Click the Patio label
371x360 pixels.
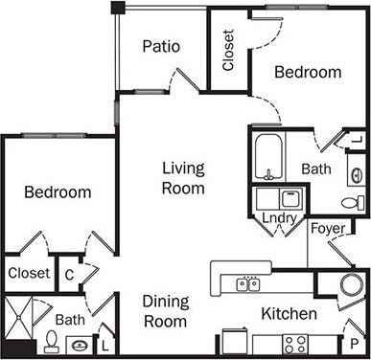tap(162, 46)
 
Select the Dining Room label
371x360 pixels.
tap(165, 310)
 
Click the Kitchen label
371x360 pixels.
tap(289, 313)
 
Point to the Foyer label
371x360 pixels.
tap(326, 229)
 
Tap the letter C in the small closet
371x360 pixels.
tap(69, 272)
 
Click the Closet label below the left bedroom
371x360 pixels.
tap(28, 273)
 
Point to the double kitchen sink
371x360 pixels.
tap(247, 283)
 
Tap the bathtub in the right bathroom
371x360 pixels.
tap(269, 157)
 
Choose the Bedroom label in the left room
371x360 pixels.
tap(58, 192)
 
